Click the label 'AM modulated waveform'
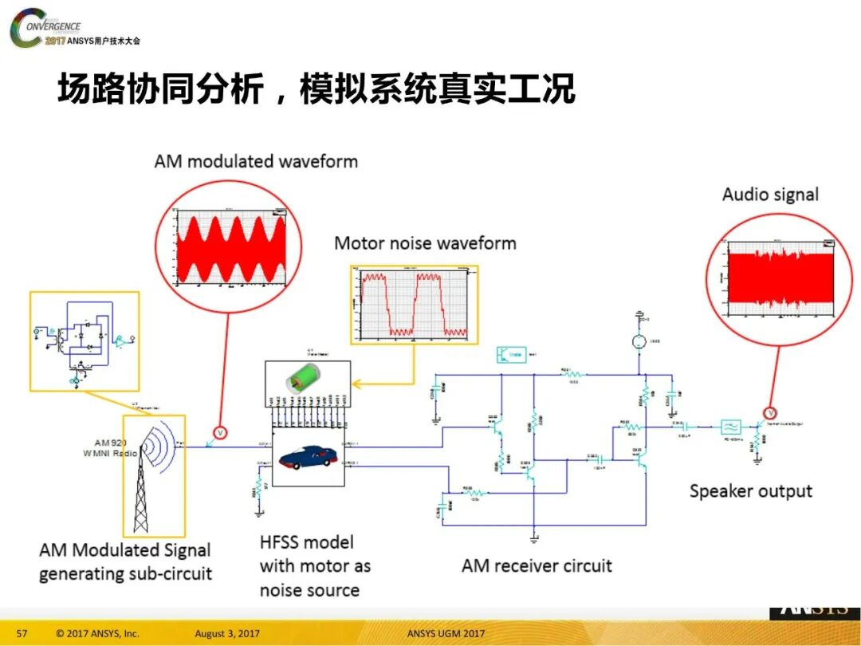click(x=256, y=161)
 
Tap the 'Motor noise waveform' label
click(x=425, y=243)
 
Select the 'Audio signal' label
click(x=770, y=194)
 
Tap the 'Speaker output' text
click(x=750, y=491)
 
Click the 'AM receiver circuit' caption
click(x=537, y=566)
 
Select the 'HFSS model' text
click(x=307, y=543)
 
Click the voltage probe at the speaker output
click(x=771, y=412)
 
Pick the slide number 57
click(x=22, y=633)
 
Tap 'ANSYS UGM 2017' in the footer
click(x=445, y=633)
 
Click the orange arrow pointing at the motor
click(x=383, y=384)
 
